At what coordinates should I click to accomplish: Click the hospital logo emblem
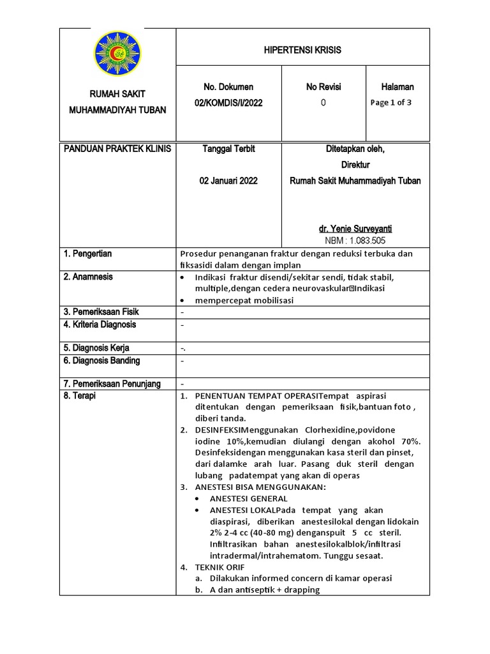tap(117, 54)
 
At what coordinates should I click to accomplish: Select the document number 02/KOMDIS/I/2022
tap(228, 103)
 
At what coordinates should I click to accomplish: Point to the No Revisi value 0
tap(323, 103)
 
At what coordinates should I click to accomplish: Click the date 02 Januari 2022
tap(228, 181)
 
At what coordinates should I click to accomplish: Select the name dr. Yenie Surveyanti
tap(355, 228)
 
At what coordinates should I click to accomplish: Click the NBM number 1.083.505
tap(355, 240)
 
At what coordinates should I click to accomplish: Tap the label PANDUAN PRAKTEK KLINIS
tap(117, 149)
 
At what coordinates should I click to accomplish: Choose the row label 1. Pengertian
tap(88, 254)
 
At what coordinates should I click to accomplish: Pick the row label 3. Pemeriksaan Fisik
tap(101, 312)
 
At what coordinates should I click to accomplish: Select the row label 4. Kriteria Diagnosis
tap(100, 324)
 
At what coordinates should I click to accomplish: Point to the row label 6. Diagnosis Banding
tap(101, 360)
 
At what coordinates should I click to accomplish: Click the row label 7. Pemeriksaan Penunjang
tap(112, 384)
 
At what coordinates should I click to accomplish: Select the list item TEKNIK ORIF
tap(219, 567)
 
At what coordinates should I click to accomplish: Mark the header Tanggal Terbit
tap(228, 149)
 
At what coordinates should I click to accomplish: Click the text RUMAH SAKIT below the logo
tap(117, 94)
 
